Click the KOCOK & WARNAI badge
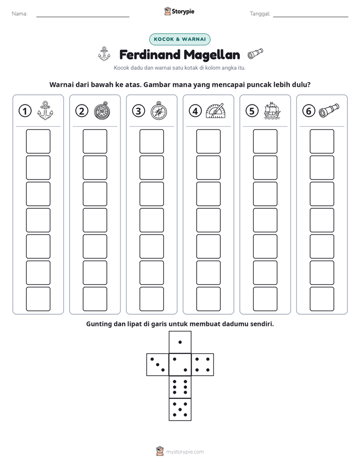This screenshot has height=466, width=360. (x=179, y=39)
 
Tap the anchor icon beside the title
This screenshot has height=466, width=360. (x=104, y=54)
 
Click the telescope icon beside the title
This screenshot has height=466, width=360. (x=255, y=54)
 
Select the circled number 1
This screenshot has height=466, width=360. (x=25, y=111)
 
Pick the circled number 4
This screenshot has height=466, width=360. (x=195, y=111)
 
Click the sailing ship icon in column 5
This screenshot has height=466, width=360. (x=272, y=110)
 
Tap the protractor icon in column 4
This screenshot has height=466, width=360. (x=215, y=111)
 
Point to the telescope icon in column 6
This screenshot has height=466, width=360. (x=329, y=110)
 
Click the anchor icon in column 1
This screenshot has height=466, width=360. (x=45, y=110)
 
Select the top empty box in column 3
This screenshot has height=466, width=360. (x=151, y=141)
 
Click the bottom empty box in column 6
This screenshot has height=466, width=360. (x=322, y=299)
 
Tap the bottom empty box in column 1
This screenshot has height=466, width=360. (x=38, y=299)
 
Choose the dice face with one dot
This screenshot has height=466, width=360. (x=180, y=342)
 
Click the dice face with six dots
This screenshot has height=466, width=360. (x=180, y=387)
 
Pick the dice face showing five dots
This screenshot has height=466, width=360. (x=180, y=409)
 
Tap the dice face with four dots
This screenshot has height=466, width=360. (x=203, y=365)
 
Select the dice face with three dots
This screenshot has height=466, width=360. (x=158, y=365)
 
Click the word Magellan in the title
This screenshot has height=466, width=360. (x=211, y=55)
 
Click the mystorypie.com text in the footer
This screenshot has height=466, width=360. (x=185, y=452)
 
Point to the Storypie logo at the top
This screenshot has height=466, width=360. (x=179, y=12)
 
